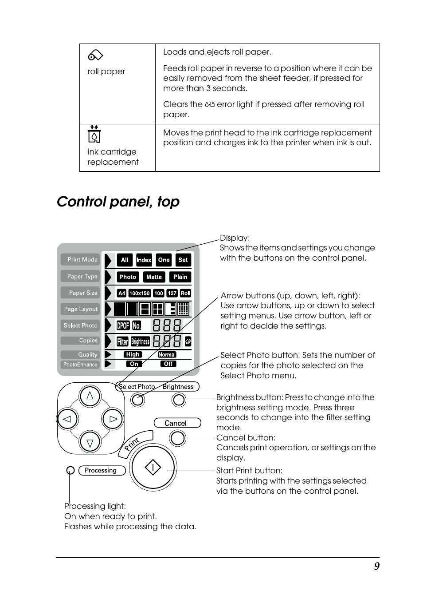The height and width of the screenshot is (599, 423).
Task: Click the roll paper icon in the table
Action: [x=95, y=55]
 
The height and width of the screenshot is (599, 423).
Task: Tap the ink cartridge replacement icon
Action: [x=94, y=134]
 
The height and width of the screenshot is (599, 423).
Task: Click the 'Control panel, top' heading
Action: [x=118, y=202]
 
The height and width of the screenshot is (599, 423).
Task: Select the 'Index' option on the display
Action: [x=144, y=260]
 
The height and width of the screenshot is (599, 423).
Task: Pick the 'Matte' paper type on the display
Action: [x=154, y=277]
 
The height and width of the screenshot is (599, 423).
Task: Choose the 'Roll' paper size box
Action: [x=185, y=293]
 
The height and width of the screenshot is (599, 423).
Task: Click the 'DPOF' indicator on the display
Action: [x=123, y=325]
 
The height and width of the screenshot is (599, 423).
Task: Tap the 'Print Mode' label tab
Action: [x=81, y=260]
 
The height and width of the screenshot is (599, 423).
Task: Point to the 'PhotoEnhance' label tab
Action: [x=80, y=365]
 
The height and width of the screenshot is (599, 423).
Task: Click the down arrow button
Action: [x=90, y=442]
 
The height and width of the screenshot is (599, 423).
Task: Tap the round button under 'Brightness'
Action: [x=179, y=400]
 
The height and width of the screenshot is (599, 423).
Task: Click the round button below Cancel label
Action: [x=177, y=438]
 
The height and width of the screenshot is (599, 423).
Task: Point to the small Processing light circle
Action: [x=70, y=470]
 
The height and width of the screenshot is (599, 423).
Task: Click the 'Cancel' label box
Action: [x=177, y=423]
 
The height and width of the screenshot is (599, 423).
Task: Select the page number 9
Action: [x=376, y=566]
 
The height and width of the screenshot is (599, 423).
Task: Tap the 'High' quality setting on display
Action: [x=133, y=354]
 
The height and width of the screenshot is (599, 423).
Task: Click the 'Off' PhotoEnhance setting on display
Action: [x=168, y=364]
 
